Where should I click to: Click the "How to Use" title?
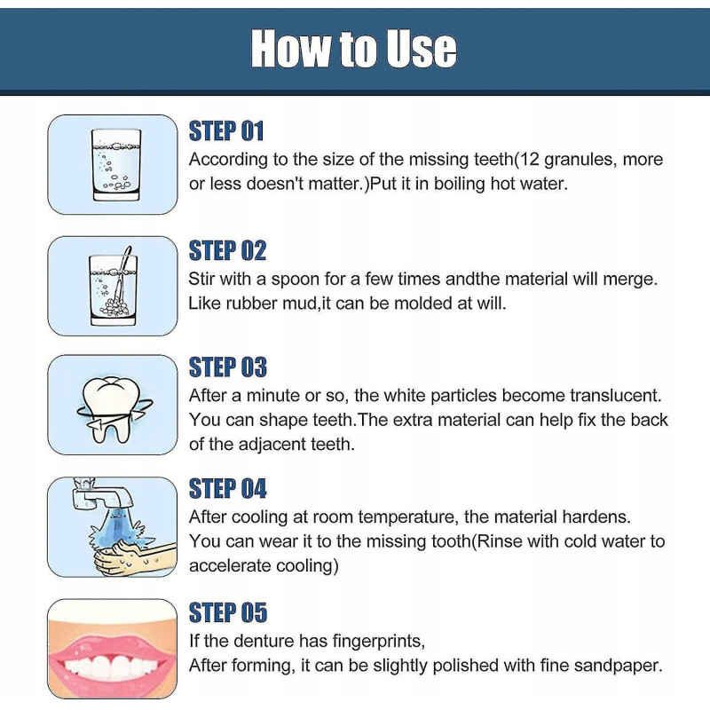click(x=353, y=48)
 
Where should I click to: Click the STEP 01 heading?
click(x=226, y=131)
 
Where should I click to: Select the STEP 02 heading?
click(x=227, y=250)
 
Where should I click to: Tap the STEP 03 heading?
click(x=228, y=367)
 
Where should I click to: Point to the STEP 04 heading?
click(x=228, y=489)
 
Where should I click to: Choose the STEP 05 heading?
click(x=228, y=612)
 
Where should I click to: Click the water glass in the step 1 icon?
click(x=116, y=165)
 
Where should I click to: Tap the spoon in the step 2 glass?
click(x=122, y=275)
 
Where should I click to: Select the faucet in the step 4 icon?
click(x=102, y=493)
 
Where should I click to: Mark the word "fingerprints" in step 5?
click(x=379, y=642)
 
